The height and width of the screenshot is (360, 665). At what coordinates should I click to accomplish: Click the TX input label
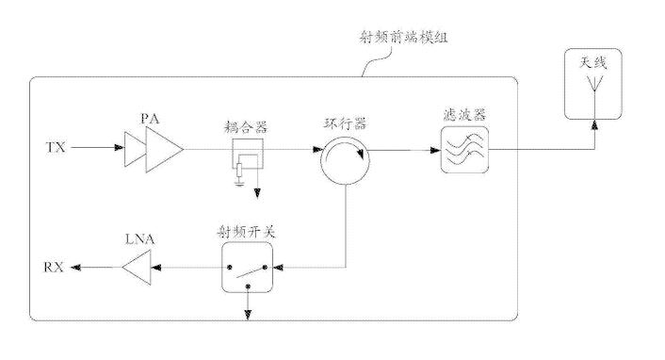[x=56, y=148]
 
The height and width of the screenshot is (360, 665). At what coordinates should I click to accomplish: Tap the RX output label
[x=54, y=267]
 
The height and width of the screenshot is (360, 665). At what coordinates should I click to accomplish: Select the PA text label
[x=151, y=119]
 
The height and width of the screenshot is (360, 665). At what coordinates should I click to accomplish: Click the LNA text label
[x=140, y=239]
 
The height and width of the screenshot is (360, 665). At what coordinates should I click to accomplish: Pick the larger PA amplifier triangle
[x=164, y=150]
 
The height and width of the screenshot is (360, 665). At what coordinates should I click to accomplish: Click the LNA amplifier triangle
[x=137, y=267]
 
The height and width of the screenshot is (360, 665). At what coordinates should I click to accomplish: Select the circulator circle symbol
[x=346, y=184]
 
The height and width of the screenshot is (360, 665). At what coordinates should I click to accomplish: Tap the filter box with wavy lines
[x=464, y=150]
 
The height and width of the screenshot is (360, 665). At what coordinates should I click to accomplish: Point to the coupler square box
[x=248, y=139]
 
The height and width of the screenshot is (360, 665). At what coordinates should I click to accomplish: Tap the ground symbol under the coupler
[x=239, y=183]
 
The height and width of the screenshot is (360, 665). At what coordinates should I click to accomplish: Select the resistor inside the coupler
[x=239, y=170]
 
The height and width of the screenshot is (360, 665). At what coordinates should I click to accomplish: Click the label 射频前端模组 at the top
[x=403, y=38]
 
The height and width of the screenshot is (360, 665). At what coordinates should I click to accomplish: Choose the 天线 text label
[x=592, y=63]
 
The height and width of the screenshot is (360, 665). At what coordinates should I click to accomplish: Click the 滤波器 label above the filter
[x=464, y=115]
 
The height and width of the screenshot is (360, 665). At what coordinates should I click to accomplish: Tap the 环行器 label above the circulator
[x=345, y=124]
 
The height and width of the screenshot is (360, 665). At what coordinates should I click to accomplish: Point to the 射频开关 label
[x=247, y=232]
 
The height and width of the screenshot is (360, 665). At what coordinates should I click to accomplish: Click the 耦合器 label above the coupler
[x=246, y=127]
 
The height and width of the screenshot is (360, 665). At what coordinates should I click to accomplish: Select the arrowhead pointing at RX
[x=75, y=268]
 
